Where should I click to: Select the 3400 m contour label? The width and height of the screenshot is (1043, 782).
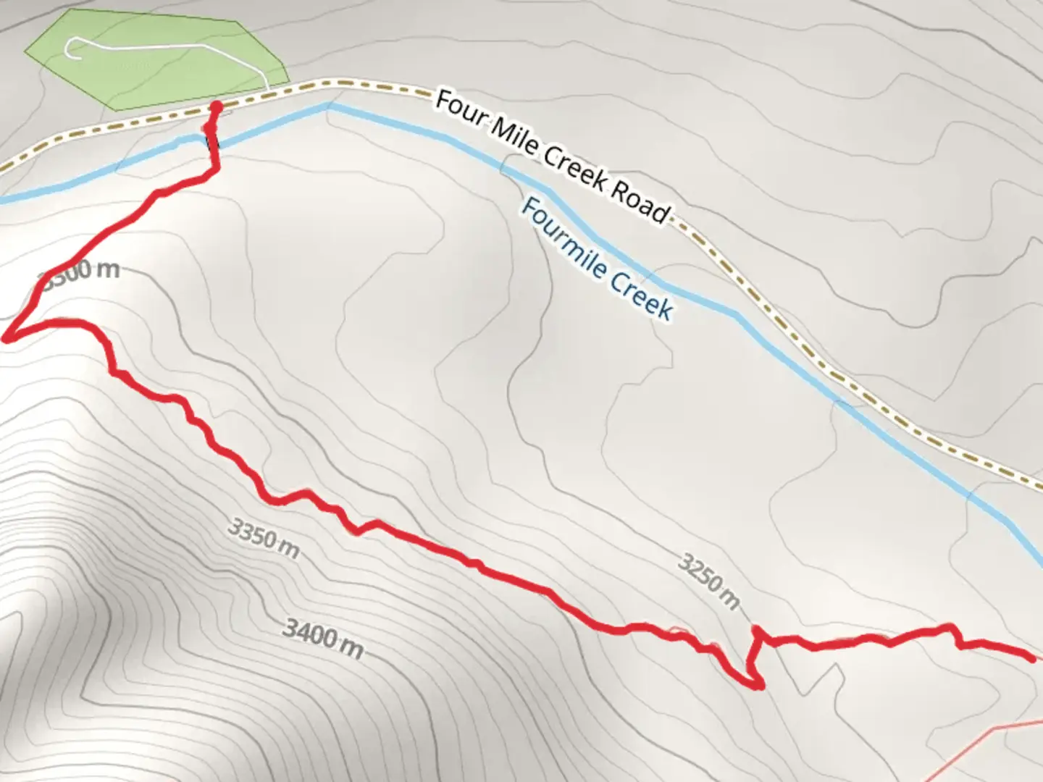322,636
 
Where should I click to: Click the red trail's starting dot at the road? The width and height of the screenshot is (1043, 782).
216,107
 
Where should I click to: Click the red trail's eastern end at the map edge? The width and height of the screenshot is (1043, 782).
1031,657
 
